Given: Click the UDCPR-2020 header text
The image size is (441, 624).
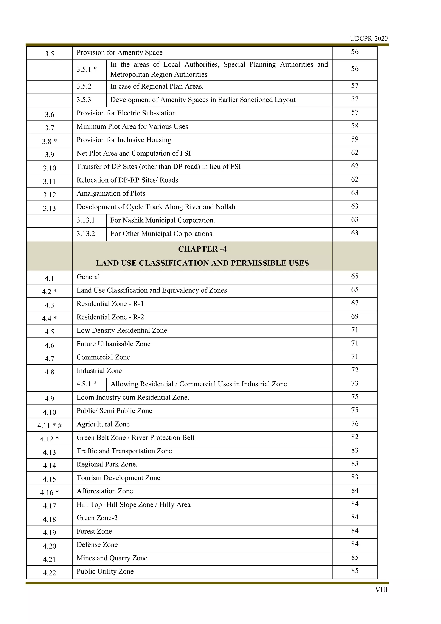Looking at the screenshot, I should coord(368,39).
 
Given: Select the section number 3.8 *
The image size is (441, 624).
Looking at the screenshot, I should coord(50,141).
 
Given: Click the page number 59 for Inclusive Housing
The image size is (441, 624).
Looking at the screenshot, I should coord(355,139).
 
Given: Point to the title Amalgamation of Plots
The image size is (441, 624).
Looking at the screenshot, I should coord(111,193).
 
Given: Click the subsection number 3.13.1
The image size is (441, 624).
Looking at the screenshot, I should coord(85,220).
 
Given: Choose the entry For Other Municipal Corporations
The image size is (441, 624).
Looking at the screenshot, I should coord(162,234).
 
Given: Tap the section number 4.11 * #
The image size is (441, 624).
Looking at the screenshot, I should coord(50,426).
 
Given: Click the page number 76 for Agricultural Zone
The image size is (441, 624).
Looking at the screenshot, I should coord(355,423).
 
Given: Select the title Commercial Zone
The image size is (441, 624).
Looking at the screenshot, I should coord(103,357).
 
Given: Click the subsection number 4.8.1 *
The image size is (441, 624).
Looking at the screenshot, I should coord(86,384).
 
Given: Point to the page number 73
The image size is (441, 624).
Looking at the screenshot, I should coord(355,383).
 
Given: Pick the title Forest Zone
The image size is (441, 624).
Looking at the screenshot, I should coord(94,531).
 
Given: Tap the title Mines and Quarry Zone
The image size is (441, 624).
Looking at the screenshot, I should coord(112,558).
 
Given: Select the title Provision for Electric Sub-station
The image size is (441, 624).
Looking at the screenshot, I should coord(126,113).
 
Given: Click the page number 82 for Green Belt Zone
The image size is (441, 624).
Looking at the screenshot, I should coord(355,437).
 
